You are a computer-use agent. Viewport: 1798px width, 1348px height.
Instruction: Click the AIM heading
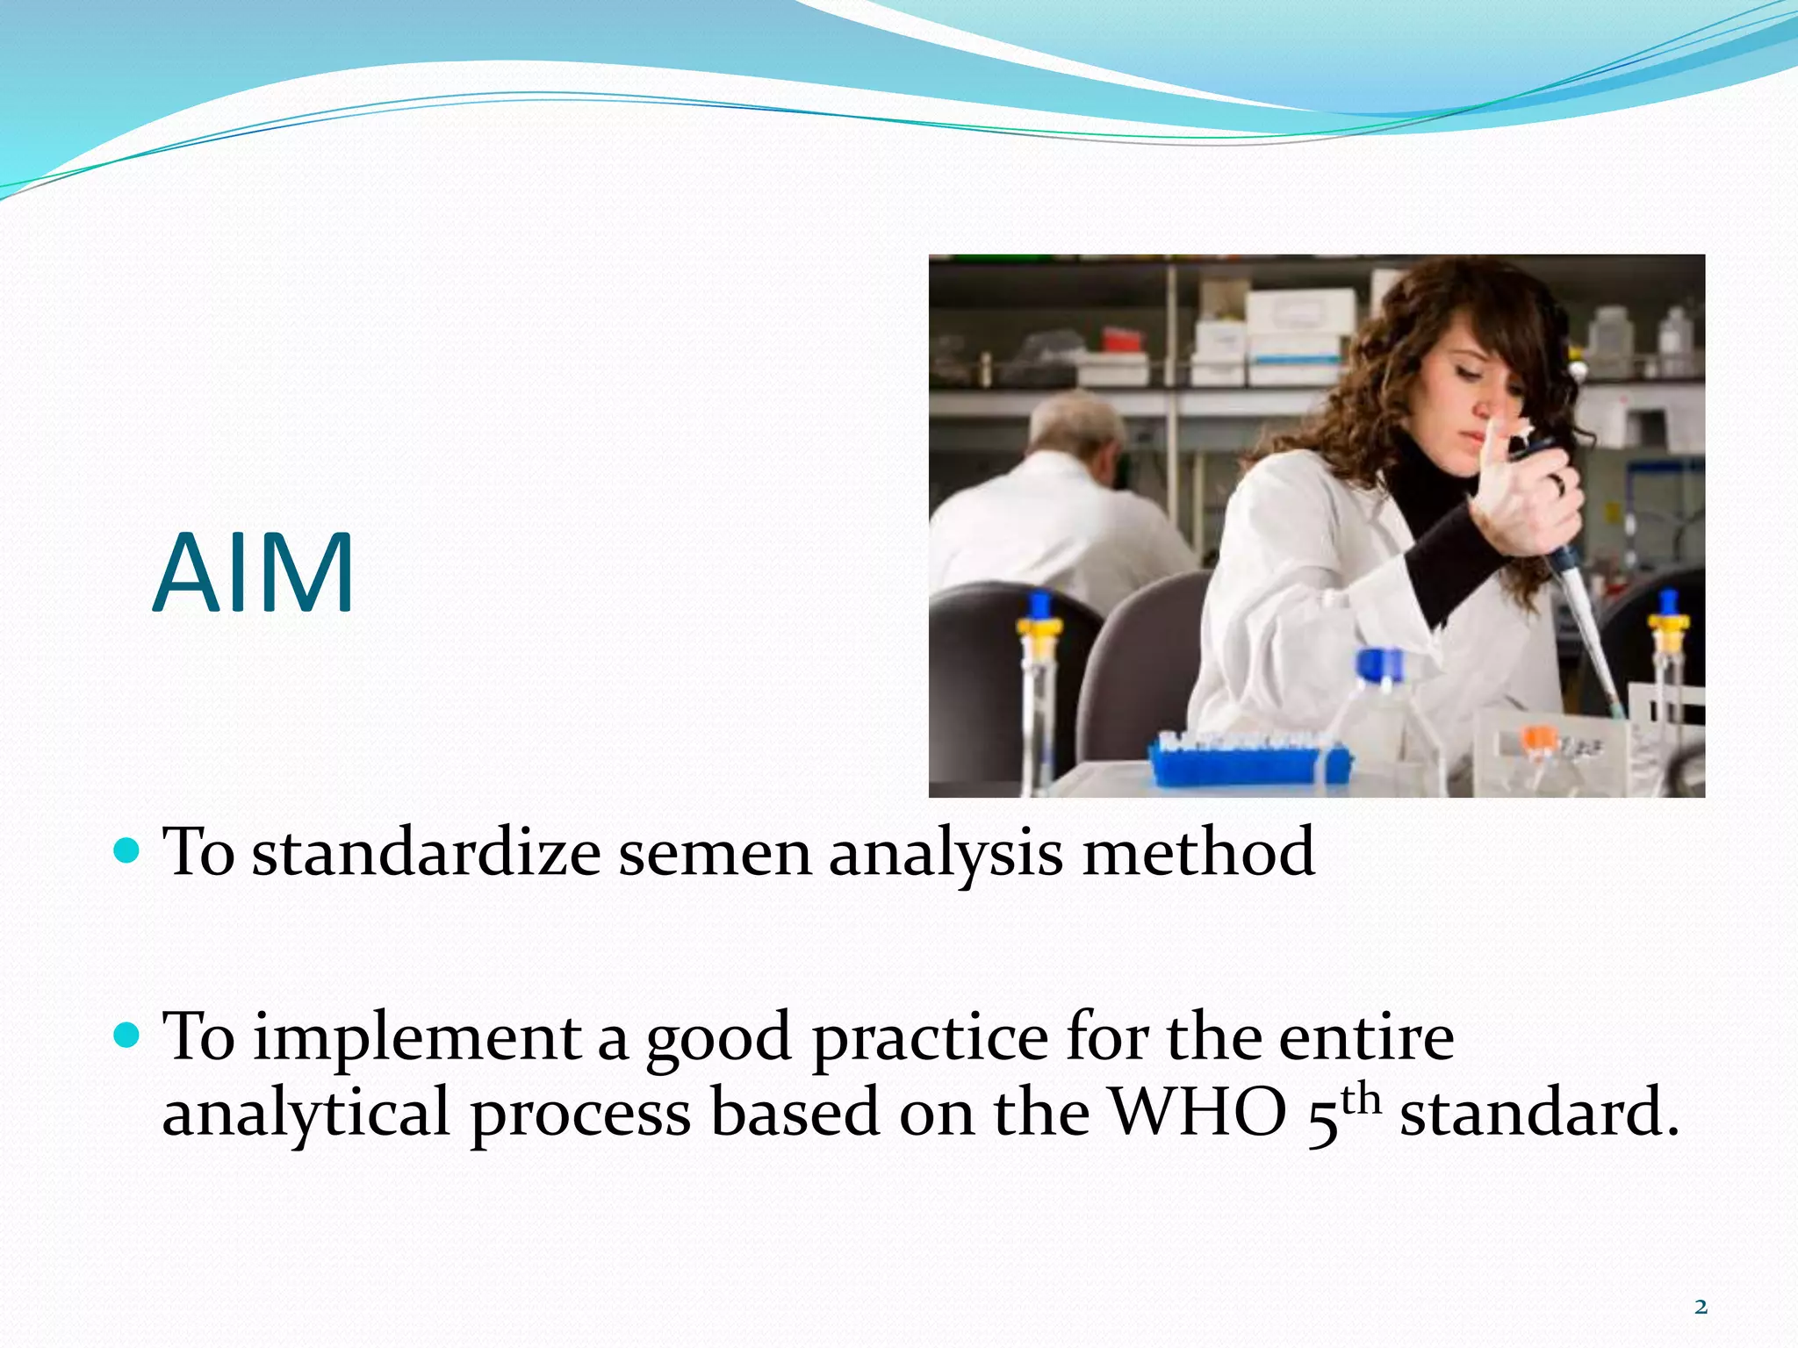(x=254, y=575)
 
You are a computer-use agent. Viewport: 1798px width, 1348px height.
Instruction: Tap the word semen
(x=715, y=852)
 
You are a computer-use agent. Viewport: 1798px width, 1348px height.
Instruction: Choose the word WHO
(x=1198, y=1113)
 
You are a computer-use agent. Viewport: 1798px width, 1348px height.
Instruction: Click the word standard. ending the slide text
(x=1538, y=1113)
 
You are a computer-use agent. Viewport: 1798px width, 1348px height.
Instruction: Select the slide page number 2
(x=1701, y=1307)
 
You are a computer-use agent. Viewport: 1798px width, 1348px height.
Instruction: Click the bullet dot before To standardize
(x=127, y=850)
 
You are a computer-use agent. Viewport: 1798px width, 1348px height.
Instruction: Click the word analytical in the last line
(x=306, y=1113)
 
